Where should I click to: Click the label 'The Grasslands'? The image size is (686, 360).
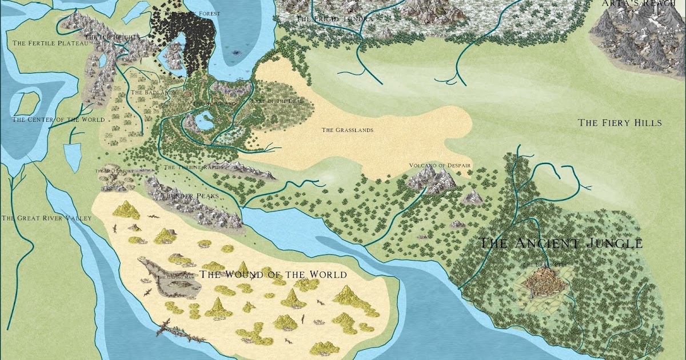click(x=347, y=130)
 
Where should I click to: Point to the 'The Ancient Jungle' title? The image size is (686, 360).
click(x=560, y=243)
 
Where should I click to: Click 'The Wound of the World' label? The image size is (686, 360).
click(x=273, y=275)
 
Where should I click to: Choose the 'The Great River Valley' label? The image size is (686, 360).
click(x=38, y=218)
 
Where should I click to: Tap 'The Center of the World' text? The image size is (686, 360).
click(x=58, y=119)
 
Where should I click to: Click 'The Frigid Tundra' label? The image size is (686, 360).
click(x=335, y=19)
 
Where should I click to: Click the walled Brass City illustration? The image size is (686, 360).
click(x=543, y=283)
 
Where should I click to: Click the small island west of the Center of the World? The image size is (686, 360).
click(x=25, y=103)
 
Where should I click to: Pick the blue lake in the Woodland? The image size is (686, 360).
click(x=204, y=121)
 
